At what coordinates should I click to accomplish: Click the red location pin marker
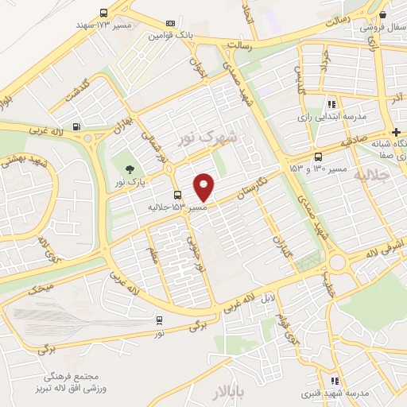point(205,187)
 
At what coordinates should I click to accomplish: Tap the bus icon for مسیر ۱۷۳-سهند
point(104,13)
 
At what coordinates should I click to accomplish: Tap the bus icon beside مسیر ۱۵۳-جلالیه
point(177,196)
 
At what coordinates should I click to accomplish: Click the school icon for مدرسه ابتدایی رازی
point(331,103)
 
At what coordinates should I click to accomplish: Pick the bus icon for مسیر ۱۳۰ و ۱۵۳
point(318,157)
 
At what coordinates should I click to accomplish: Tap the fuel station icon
point(76,126)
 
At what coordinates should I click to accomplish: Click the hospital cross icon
point(396,131)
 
